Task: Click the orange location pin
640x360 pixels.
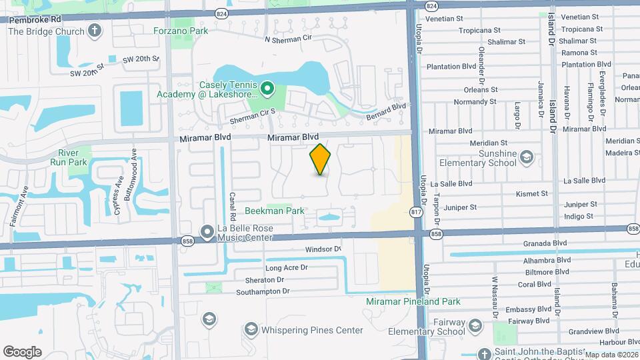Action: click(321, 159)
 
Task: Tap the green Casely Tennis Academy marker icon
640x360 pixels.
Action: click(267, 87)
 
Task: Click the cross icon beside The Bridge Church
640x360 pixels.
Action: click(95, 31)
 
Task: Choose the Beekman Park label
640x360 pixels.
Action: click(275, 211)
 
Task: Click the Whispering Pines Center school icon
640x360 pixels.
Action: click(251, 329)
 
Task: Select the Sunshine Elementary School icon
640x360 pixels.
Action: click(527, 157)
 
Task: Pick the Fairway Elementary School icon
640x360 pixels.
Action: click(475, 326)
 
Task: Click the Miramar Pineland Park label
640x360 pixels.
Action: click(413, 301)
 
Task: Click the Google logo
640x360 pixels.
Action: click(22, 351)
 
